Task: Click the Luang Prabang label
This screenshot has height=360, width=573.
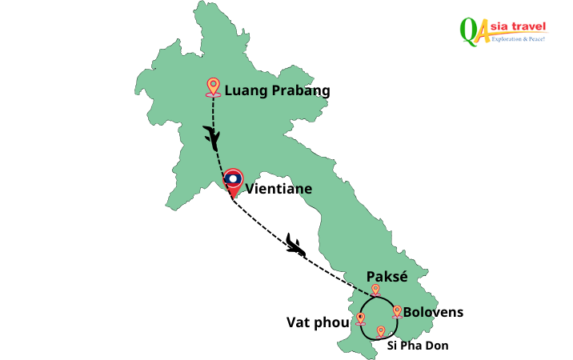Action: (277, 90)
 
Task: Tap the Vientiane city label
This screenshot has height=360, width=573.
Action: (278, 190)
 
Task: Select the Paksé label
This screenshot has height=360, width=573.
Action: (387, 276)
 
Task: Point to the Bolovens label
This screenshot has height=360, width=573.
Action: (433, 312)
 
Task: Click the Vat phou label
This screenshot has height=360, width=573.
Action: (318, 322)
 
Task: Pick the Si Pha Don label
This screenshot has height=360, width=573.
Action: (418, 346)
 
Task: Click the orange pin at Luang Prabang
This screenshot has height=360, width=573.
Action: (213, 86)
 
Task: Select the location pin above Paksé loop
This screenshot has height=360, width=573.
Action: (375, 290)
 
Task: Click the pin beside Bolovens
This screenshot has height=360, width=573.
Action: (396, 311)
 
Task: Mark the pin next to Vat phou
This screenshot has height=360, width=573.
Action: (360, 318)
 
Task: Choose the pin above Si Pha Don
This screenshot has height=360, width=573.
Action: (380, 331)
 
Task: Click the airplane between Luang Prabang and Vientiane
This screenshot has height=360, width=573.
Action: (212, 137)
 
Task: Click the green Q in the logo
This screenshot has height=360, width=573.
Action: (468, 29)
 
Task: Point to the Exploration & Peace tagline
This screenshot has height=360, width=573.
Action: (518, 38)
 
